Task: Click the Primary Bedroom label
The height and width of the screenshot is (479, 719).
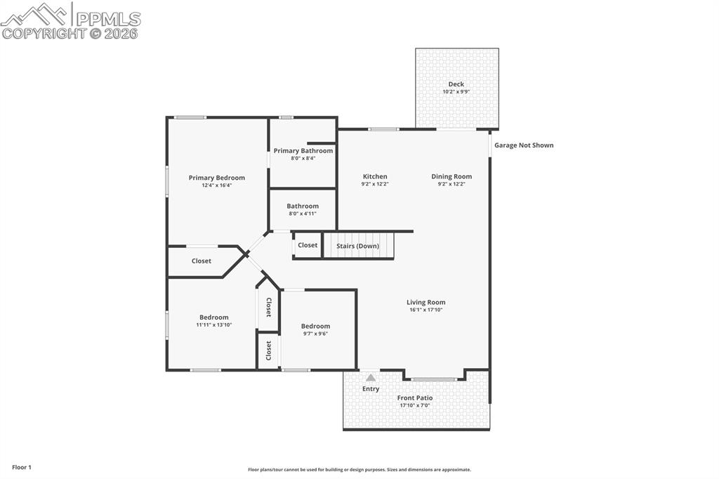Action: pyautogui.click(x=216, y=178)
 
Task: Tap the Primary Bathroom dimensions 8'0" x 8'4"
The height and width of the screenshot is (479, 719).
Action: pyautogui.click(x=303, y=158)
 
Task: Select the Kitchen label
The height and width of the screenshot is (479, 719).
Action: pyautogui.click(x=375, y=176)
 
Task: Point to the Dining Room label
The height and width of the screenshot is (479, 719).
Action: pyautogui.click(x=451, y=176)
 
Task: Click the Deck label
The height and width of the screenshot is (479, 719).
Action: pyautogui.click(x=456, y=84)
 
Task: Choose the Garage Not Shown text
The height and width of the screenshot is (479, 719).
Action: pyautogui.click(x=524, y=145)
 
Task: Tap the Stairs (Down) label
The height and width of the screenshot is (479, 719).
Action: pyautogui.click(x=357, y=246)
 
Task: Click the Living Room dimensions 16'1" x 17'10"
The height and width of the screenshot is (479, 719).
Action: pyautogui.click(x=426, y=310)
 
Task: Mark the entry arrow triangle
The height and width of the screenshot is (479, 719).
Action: pyautogui.click(x=371, y=377)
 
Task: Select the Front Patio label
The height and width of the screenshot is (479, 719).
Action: pyautogui.click(x=415, y=398)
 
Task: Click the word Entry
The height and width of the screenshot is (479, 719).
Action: pyautogui.click(x=371, y=388)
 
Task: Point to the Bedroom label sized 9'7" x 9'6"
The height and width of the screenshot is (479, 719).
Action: pyautogui.click(x=315, y=326)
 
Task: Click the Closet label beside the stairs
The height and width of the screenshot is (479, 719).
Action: pyautogui.click(x=308, y=245)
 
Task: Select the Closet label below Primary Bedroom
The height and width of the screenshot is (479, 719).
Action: pyautogui.click(x=202, y=261)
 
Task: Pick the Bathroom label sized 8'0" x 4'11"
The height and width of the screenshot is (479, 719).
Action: pyautogui.click(x=303, y=206)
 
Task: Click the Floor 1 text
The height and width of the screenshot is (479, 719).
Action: pyautogui.click(x=22, y=467)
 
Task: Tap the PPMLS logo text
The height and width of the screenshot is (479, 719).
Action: pyautogui.click(x=107, y=19)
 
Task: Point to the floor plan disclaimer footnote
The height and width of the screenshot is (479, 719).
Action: pyautogui.click(x=359, y=470)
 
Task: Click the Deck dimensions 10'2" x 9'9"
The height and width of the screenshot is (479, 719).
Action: pyautogui.click(x=456, y=92)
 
